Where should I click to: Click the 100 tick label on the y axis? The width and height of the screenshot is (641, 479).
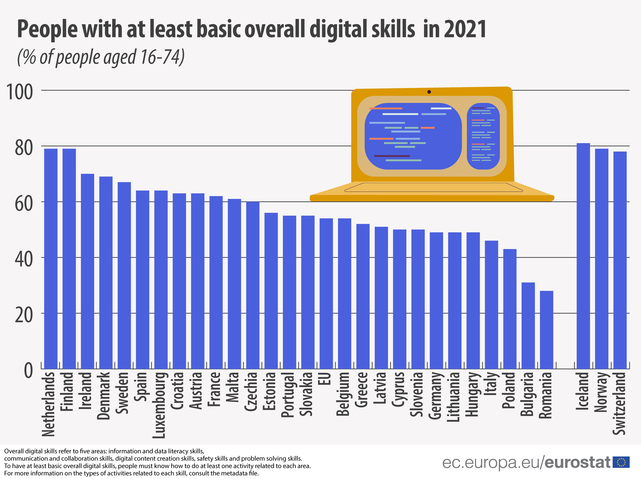click(x=19, y=92)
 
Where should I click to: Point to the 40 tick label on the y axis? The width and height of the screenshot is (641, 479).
click(x=24, y=259)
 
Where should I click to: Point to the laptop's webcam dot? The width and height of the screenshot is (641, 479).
click(x=429, y=92)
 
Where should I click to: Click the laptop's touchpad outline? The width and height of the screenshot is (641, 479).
click(x=434, y=187)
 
